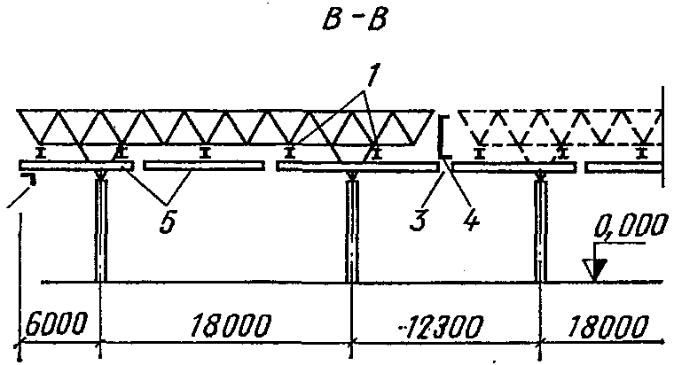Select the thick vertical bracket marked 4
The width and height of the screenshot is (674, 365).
point(441,137)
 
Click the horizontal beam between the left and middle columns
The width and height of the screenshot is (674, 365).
point(203,166)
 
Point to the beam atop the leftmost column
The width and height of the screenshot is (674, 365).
point(75,166)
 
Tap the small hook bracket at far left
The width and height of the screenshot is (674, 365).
point(28,180)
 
